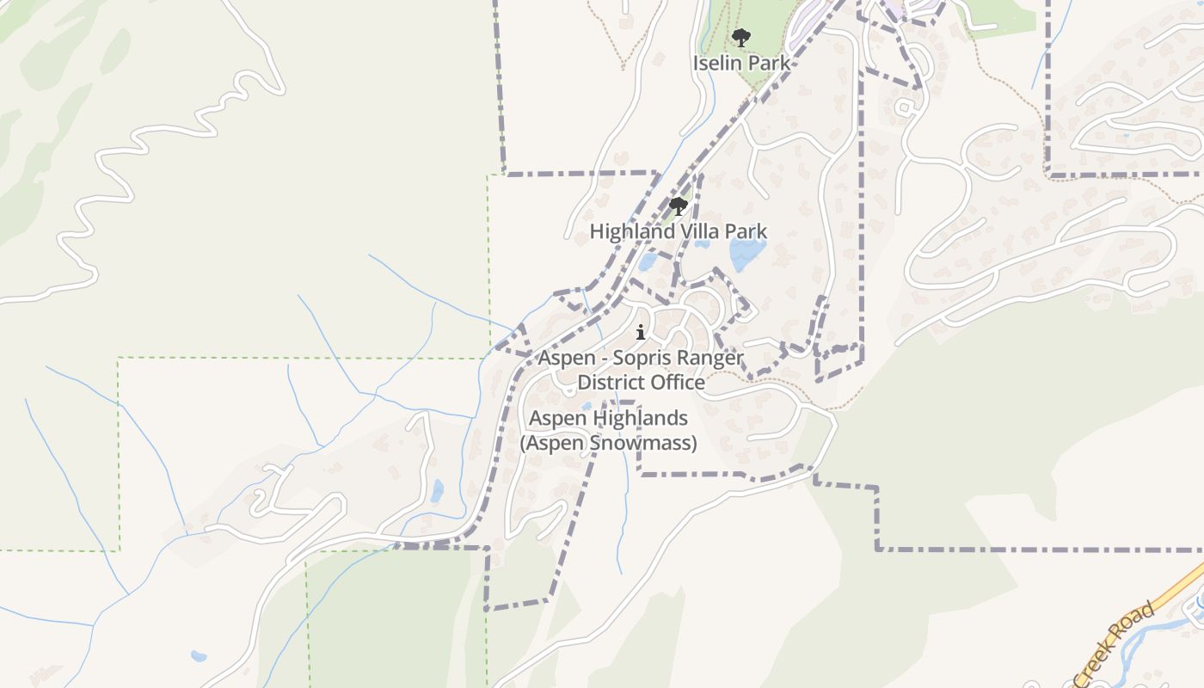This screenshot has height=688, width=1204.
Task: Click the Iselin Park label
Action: pos(741,63)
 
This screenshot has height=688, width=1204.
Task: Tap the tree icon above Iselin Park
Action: pos(740,38)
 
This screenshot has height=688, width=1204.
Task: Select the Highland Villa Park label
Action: pos(678,231)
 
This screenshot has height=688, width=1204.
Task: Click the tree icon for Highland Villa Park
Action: pos(679,206)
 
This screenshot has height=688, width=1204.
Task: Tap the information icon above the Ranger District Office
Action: pos(641,333)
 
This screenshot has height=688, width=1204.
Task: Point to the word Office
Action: pos(679,382)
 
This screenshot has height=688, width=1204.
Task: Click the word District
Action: pos(613,382)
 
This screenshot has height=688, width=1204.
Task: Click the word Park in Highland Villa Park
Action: pos(746,231)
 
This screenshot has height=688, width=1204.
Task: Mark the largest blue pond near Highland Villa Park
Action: pos(746,254)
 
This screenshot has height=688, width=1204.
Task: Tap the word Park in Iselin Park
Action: pos(768,63)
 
